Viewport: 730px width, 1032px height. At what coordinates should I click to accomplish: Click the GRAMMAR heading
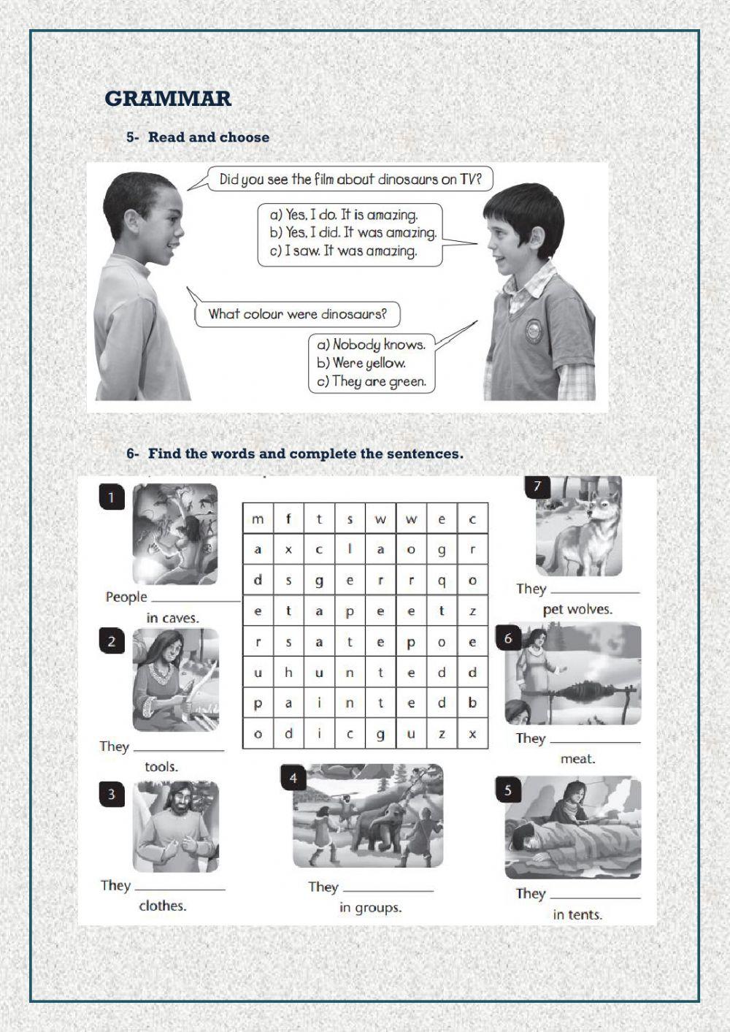[x=168, y=99]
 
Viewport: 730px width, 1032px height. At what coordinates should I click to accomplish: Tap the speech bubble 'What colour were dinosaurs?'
[x=297, y=315]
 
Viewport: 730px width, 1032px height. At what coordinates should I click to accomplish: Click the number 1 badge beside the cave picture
[x=111, y=498]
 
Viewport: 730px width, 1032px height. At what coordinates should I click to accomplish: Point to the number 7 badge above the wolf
[x=538, y=486]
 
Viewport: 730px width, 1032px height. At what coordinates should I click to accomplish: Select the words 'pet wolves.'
[x=577, y=609]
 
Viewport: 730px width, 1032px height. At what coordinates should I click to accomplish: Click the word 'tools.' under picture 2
[x=161, y=766]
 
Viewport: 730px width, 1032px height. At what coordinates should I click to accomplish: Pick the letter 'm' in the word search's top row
[x=258, y=519]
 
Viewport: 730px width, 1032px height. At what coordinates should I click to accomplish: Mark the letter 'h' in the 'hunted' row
[x=288, y=673]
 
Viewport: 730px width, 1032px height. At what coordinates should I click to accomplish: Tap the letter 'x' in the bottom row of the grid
[x=472, y=734]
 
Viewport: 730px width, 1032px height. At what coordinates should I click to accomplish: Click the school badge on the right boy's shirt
[x=534, y=332]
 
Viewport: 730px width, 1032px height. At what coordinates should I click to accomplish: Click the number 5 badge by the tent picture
[x=508, y=790]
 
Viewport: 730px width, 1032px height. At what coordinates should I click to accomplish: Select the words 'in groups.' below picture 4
[x=370, y=908]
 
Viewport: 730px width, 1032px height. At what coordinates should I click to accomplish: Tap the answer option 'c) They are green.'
[x=371, y=381]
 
